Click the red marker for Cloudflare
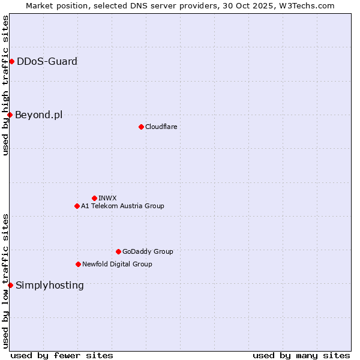point(141,127)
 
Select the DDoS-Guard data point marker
point(11,61)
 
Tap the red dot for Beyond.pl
point(10,115)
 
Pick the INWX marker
point(94,198)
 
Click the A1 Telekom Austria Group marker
point(77,206)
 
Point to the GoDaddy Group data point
point(118,251)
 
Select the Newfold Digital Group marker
point(78,264)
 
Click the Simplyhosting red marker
point(10,285)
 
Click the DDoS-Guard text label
point(47,61)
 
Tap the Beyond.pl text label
point(38,115)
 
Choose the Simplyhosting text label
point(50,285)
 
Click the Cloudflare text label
point(161,127)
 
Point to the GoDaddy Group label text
point(148,251)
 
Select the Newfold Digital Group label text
point(117,264)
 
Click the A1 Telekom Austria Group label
point(122,206)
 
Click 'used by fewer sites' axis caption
point(62,355)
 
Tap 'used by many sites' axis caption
point(301,355)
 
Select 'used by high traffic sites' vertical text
point(5,85)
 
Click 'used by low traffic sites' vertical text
point(5,281)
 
